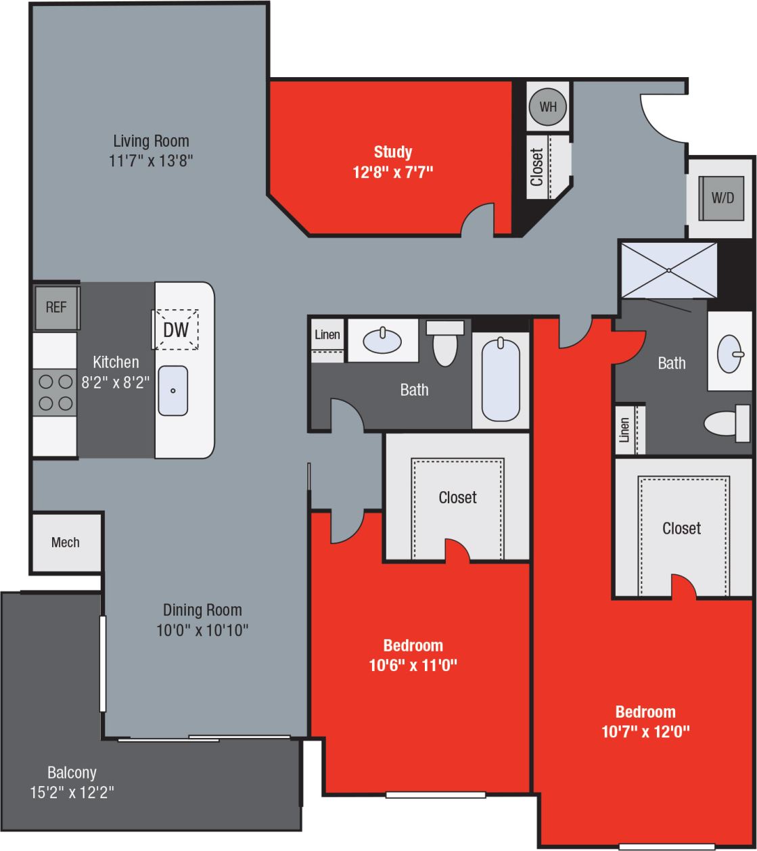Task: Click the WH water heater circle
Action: (x=547, y=106)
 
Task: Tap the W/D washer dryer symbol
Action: (x=722, y=198)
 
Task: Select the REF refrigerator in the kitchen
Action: (x=57, y=307)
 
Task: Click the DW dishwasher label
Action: (x=175, y=330)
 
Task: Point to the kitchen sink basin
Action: (x=173, y=390)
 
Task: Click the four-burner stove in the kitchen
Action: (x=55, y=392)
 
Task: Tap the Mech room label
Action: (x=66, y=542)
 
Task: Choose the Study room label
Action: (x=392, y=152)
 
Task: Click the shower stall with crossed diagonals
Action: (x=668, y=269)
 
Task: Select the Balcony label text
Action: (x=72, y=772)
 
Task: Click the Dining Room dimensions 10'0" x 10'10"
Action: (x=202, y=630)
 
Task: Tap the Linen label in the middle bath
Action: (x=327, y=335)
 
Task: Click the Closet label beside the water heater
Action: (x=537, y=167)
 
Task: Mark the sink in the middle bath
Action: (x=382, y=340)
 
